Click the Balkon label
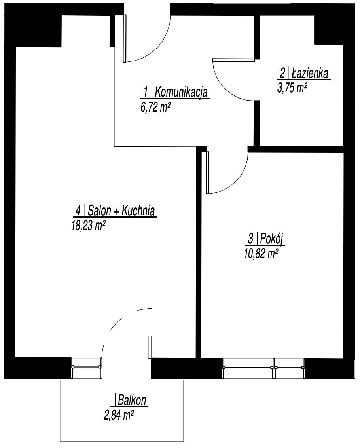pyautogui.click(x=132, y=400)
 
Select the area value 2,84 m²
pyautogui.click(x=119, y=415)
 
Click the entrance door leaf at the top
pyautogui.click(x=125, y=38)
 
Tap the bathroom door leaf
pyautogui.click(x=233, y=60)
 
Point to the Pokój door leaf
pyautogui.click(x=207, y=172)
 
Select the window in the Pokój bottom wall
pyautogui.click(x=263, y=368)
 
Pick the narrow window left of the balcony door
pyautogui.click(x=86, y=368)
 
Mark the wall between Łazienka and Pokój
pyautogui.click(x=296, y=149)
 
